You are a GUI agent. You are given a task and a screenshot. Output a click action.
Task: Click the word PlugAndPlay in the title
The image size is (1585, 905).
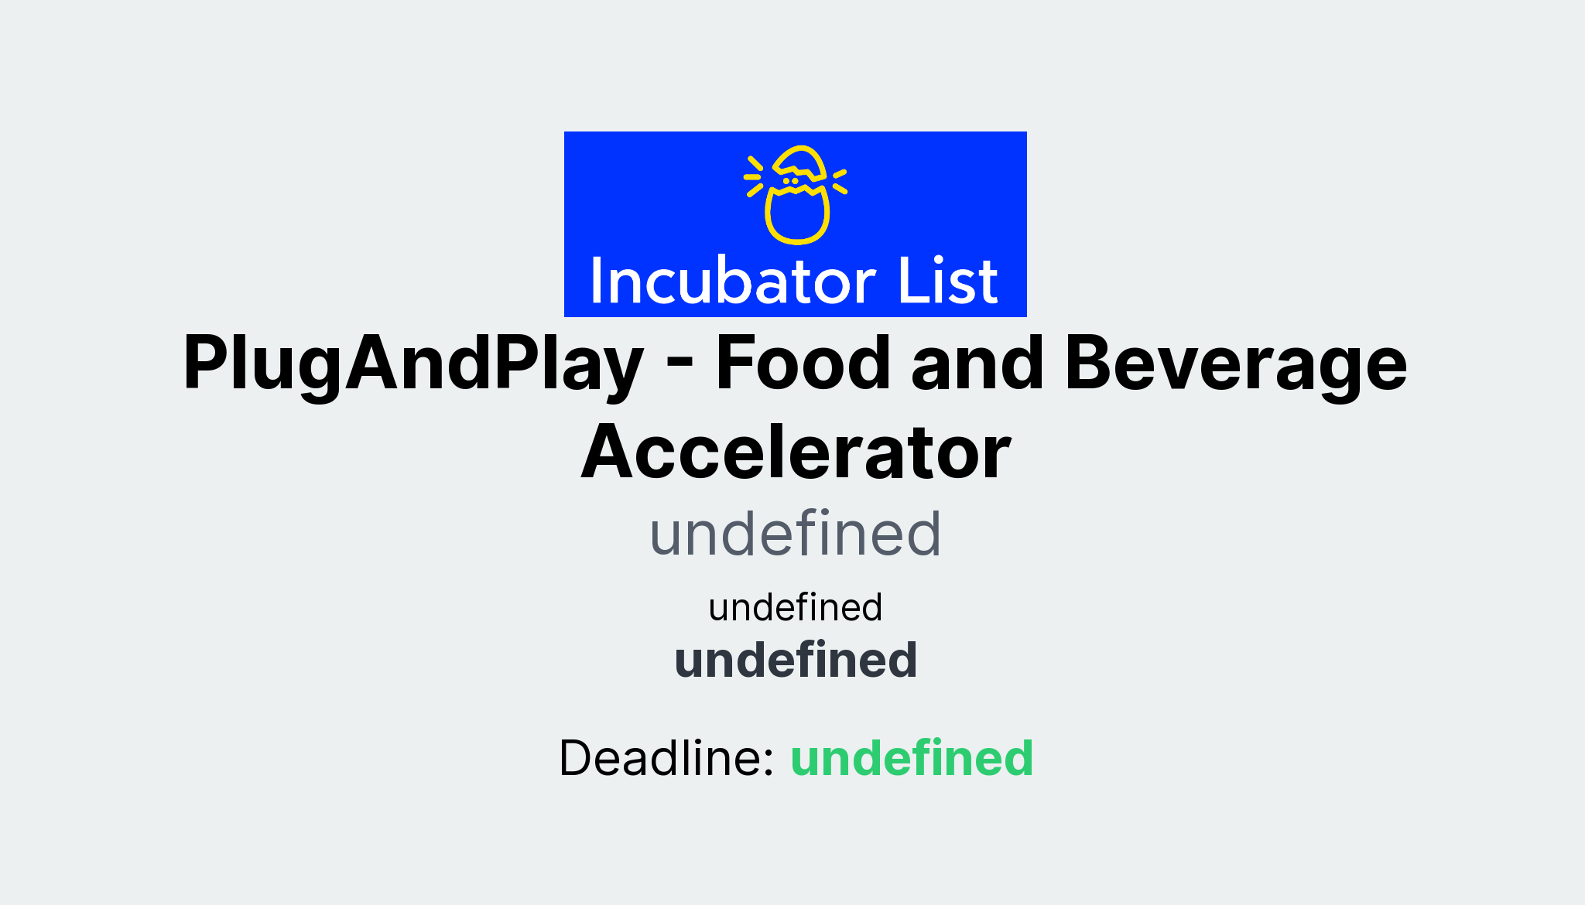(413, 364)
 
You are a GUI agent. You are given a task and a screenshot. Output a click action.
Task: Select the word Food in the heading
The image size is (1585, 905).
(803, 364)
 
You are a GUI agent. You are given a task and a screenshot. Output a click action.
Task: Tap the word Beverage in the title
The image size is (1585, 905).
(1236, 364)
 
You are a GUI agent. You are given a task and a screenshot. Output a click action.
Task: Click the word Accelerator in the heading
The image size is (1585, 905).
(796, 452)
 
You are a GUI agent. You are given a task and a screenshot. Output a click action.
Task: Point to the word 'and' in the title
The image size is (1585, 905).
(977, 364)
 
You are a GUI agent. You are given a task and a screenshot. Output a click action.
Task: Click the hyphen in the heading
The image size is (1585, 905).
(679, 365)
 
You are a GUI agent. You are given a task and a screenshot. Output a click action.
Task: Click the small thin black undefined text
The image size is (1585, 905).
(796, 607)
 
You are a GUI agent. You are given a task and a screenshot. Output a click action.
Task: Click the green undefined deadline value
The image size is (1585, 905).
(912, 757)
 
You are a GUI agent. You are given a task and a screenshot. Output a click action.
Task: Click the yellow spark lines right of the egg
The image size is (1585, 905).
(839, 179)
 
